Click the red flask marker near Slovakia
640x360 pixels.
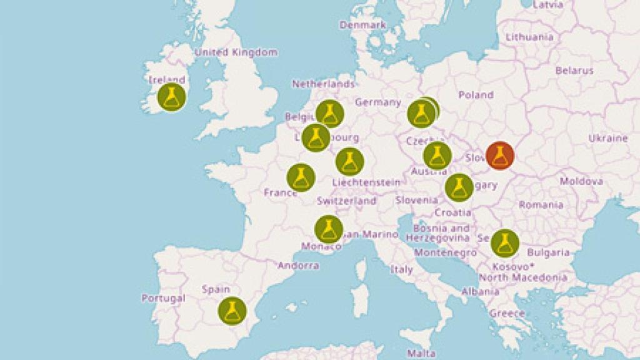click(499, 155)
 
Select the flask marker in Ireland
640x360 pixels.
click(171, 97)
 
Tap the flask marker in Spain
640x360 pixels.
click(232, 311)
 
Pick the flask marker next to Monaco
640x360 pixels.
click(329, 229)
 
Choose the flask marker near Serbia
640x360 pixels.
click(504, 243)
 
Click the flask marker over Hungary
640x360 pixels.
click(459, 187)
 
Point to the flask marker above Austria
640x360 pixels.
click(437, 155)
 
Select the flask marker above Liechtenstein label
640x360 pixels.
click(349, 161)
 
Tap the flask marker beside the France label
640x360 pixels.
click(301, 177)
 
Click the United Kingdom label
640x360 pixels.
click(236, 52)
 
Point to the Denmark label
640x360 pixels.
click(362, 25)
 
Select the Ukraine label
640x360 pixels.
click(607, 137)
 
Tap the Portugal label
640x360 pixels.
click(163, 298)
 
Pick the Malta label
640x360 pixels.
click(417, 353)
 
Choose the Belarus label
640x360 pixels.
click(574, 71)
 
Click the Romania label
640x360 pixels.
click(541, 204)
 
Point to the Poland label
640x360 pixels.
click(476, 95)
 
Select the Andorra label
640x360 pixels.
click(298, 265)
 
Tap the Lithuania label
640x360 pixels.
click(529, 37)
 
